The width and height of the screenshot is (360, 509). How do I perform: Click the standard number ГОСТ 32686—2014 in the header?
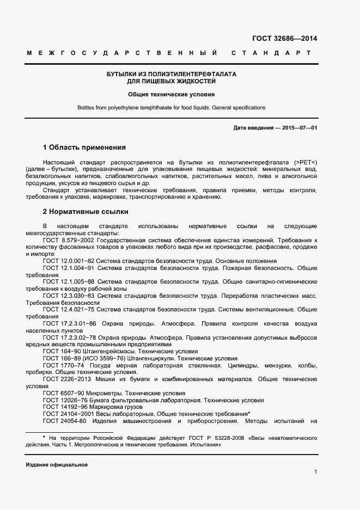[285, 38]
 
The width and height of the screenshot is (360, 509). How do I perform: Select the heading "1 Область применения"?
[84, 148]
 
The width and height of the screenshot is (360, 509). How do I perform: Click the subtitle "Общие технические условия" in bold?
[168, 95]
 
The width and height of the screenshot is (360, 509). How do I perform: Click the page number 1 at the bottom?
[315, 471]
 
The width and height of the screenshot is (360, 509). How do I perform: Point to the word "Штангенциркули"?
[154, 359]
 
